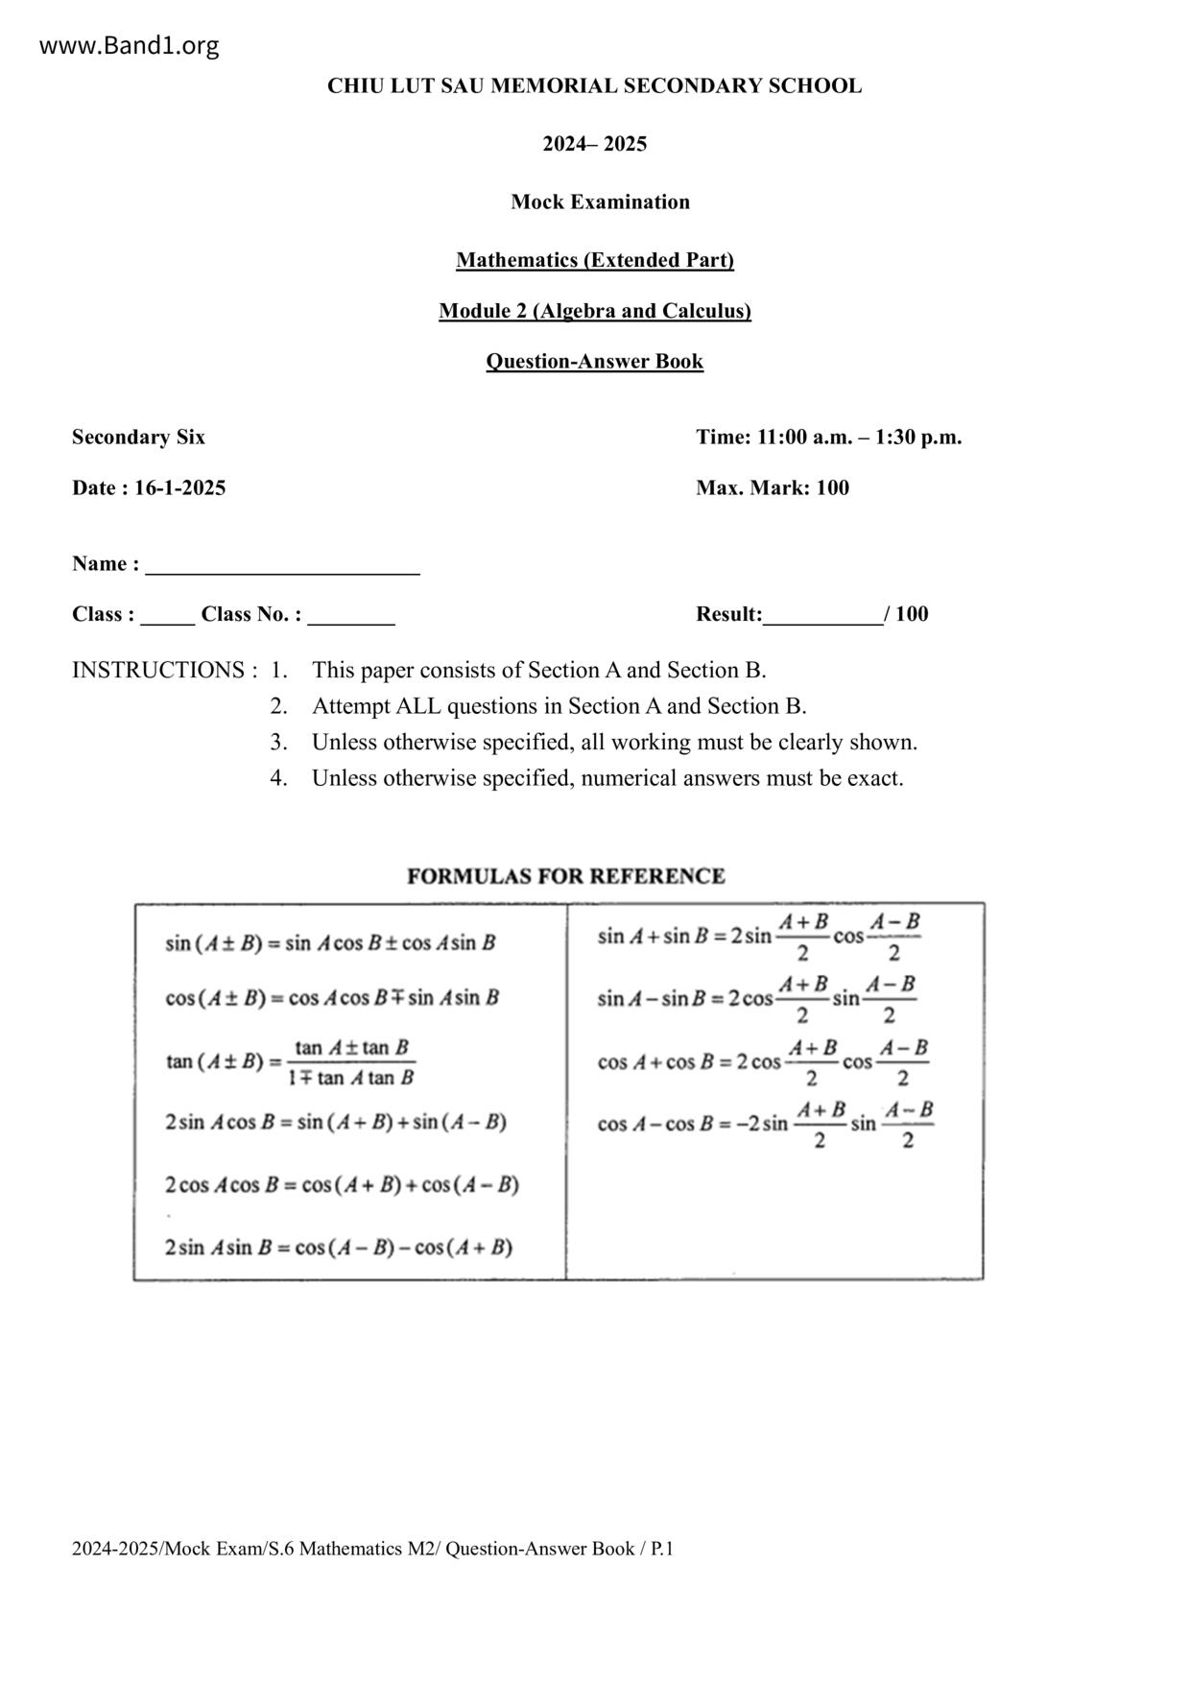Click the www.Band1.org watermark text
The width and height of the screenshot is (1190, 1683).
(x=130, y=45)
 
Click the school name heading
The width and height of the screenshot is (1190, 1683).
(x=594, y=85)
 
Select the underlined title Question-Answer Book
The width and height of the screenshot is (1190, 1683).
(x=594, y=362)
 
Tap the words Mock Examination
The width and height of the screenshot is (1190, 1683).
(x=600, y=201)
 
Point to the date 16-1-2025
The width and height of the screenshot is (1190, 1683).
(x=179, y=487)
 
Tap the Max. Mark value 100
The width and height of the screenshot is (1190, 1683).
(x=832, y=487)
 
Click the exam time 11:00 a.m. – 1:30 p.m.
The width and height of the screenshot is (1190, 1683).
(x=858, y=438)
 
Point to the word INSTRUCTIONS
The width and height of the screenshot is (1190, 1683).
(x=158, y=670)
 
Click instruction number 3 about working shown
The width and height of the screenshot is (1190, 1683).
(x=614, y=742)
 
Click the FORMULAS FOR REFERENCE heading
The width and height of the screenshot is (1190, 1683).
(x=565, y=876)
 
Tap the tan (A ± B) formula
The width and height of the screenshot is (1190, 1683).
(x=290, y=1062)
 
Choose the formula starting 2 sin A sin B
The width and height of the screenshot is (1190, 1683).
(x=338, y=1247)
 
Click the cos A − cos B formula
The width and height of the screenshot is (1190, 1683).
(x=765, y=1124)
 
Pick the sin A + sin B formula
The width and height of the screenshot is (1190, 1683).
(x=758, y=936)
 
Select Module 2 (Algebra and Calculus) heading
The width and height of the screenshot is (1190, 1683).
(x=594, y=311)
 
